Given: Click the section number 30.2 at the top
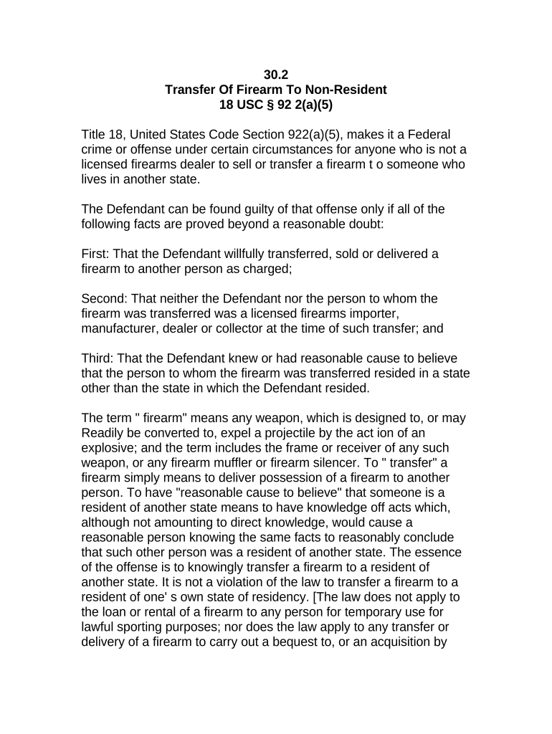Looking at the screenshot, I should click(276, 75).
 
